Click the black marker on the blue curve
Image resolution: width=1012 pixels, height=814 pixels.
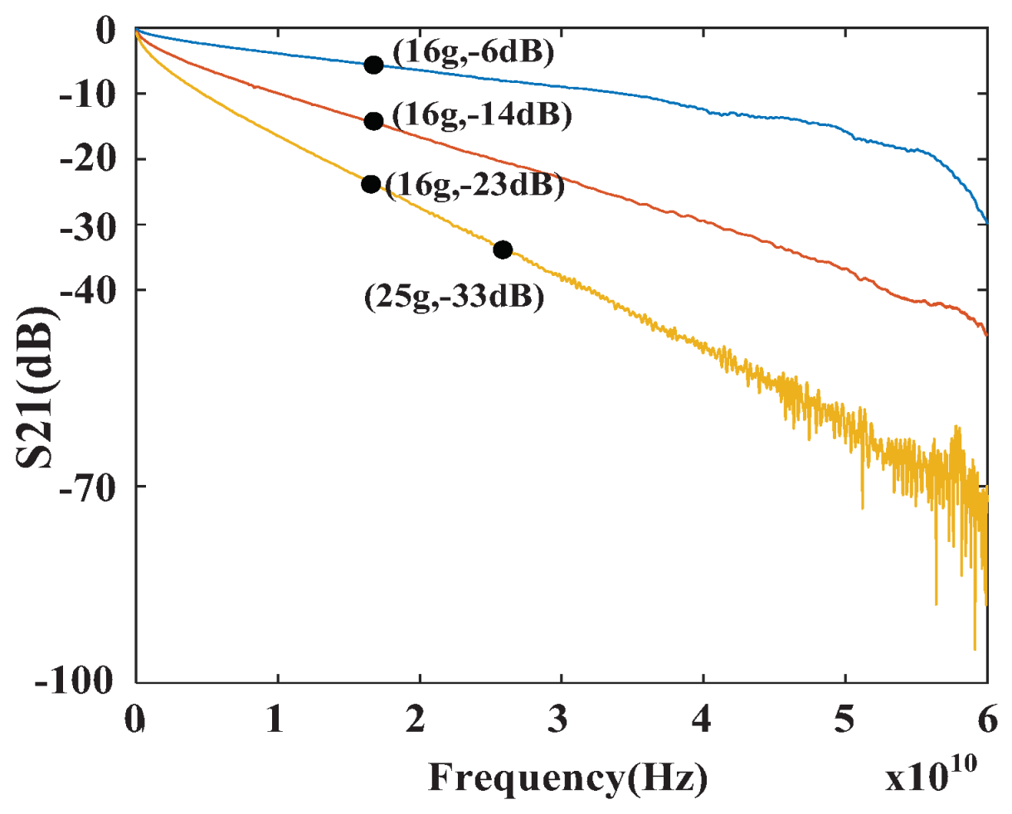tap(373, 65)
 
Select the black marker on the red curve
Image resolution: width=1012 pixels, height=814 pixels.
tap(373, 121)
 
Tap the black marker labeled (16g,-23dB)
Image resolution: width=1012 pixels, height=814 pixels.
tap(371, 184)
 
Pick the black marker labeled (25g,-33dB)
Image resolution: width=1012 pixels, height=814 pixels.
tap(502, 250)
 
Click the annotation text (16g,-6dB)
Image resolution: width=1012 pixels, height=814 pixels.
tap(473, 53)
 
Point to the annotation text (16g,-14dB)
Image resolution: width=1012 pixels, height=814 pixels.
tap(482, 115)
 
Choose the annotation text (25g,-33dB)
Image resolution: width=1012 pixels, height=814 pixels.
tap(455, 297)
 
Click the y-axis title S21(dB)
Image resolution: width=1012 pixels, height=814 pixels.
tap(36, 386)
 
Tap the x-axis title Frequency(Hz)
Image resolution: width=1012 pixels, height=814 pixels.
tap(568, 778)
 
